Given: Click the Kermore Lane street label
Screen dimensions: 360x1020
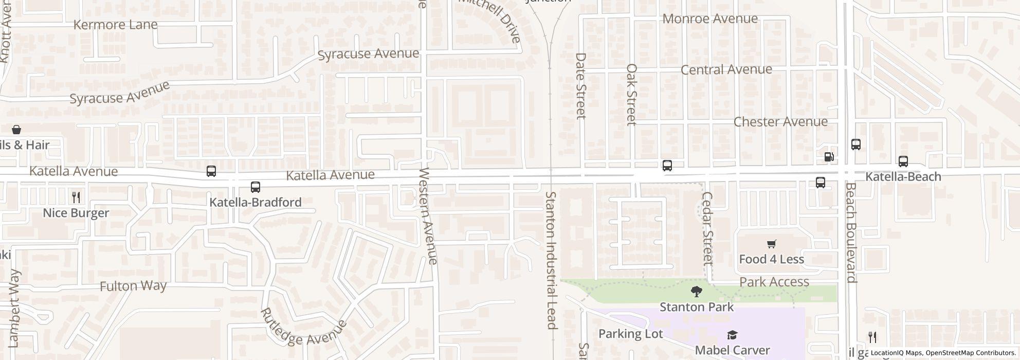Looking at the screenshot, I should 116,25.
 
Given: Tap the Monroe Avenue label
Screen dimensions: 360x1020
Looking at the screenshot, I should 710,19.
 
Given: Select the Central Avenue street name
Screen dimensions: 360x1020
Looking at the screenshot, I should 726,69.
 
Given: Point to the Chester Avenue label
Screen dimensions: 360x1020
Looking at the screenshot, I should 780,122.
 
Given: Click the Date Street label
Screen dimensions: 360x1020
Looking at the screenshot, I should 581,85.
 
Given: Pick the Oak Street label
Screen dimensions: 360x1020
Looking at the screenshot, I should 632,94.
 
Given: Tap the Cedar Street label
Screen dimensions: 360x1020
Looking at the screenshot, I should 707,228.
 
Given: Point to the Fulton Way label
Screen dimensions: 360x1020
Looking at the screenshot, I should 133,286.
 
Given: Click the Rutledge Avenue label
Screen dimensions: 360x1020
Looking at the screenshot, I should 303,327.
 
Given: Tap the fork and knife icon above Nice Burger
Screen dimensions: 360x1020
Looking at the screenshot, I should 76,197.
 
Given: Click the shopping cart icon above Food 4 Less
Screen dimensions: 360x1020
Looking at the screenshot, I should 771,244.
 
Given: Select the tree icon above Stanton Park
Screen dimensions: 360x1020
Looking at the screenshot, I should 697,292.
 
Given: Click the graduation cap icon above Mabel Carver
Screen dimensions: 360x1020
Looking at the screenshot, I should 732,336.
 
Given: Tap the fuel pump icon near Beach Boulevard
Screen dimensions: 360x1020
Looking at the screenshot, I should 829,157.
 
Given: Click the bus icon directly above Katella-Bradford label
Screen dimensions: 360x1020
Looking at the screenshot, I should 256,187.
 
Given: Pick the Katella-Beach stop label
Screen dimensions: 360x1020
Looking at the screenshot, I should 903,177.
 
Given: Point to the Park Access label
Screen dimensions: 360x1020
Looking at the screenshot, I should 774,282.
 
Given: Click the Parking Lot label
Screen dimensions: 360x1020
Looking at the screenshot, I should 630,334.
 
